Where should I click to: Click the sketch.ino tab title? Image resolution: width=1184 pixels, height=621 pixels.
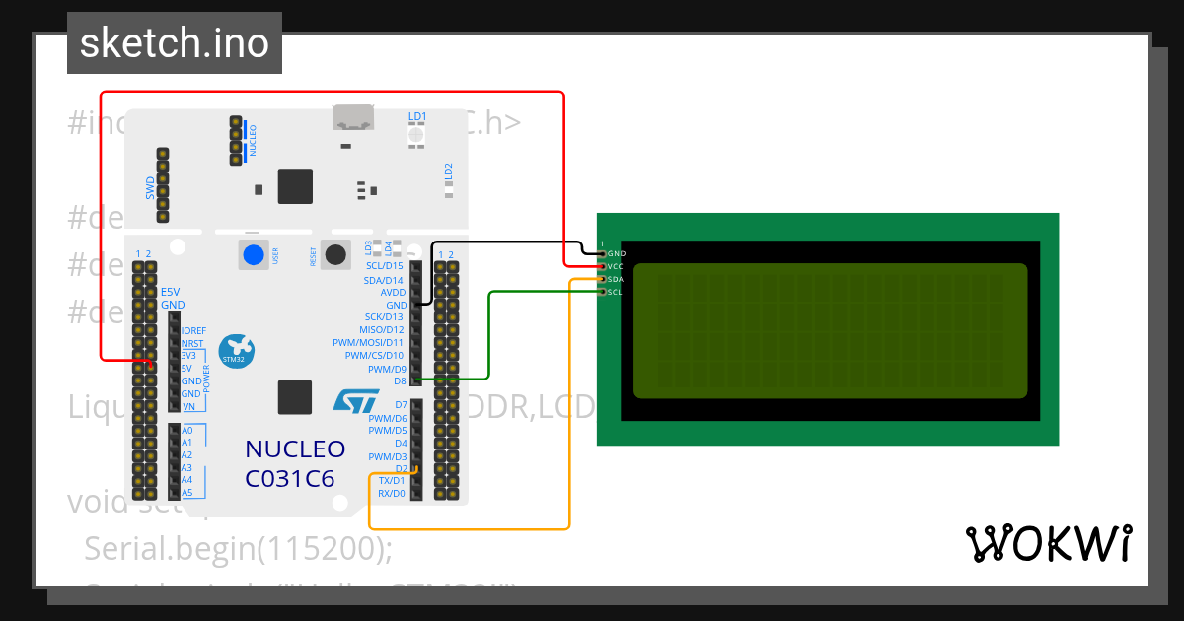174,43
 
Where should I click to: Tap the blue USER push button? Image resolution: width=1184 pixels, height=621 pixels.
254,254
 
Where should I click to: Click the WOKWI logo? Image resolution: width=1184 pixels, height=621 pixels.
1048,543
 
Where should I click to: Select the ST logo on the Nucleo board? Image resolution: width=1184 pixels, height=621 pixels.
355,400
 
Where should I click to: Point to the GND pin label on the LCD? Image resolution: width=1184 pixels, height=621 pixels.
617,254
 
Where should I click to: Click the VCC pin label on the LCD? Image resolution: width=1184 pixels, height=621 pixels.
616,267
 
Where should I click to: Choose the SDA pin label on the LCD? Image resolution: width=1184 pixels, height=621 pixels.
616,280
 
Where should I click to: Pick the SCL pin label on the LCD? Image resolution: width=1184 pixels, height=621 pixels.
616,293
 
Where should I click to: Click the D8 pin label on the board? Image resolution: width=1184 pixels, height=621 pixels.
400,381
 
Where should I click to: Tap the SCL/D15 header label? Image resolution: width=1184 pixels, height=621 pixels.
385,266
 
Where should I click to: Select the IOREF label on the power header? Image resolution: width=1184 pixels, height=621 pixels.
193,331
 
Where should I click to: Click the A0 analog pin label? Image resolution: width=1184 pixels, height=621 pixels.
187,431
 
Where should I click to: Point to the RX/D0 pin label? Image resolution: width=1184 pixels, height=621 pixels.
392,493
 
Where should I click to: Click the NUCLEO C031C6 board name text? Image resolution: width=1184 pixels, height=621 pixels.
294,464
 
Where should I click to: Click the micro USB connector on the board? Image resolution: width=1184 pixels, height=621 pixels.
352,118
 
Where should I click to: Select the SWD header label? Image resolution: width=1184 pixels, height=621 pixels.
150,186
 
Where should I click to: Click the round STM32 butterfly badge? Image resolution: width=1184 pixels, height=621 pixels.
236,350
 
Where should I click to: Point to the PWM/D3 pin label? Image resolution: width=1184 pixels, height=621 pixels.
387,457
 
